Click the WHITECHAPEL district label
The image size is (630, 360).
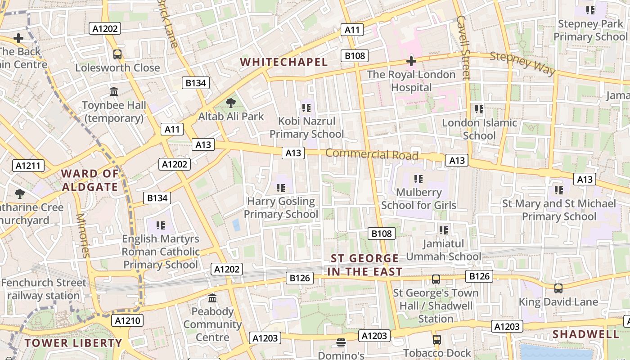point(283,62)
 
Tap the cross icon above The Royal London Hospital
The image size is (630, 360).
point(411,61)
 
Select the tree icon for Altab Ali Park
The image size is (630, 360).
point(231,103)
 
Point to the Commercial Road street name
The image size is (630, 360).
point(372,154)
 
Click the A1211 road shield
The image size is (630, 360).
point(28,166)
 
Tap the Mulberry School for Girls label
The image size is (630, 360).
point(418,199)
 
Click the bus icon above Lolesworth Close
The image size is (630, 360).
point(117,54)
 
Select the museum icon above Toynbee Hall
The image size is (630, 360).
point(114,92)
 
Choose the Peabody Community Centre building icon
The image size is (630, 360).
point(212,298)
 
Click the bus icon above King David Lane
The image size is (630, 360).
point(558,288)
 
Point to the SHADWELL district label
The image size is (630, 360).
point(585,334)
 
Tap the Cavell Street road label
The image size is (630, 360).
point(463,47)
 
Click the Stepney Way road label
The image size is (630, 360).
point(522,63)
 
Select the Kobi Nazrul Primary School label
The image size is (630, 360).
point(306,127)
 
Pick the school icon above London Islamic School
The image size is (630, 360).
point(479,109)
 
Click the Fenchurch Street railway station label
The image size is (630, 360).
point(43,289)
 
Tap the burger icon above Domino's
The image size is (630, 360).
point(341,343)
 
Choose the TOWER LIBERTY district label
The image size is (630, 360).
point(73,343)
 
